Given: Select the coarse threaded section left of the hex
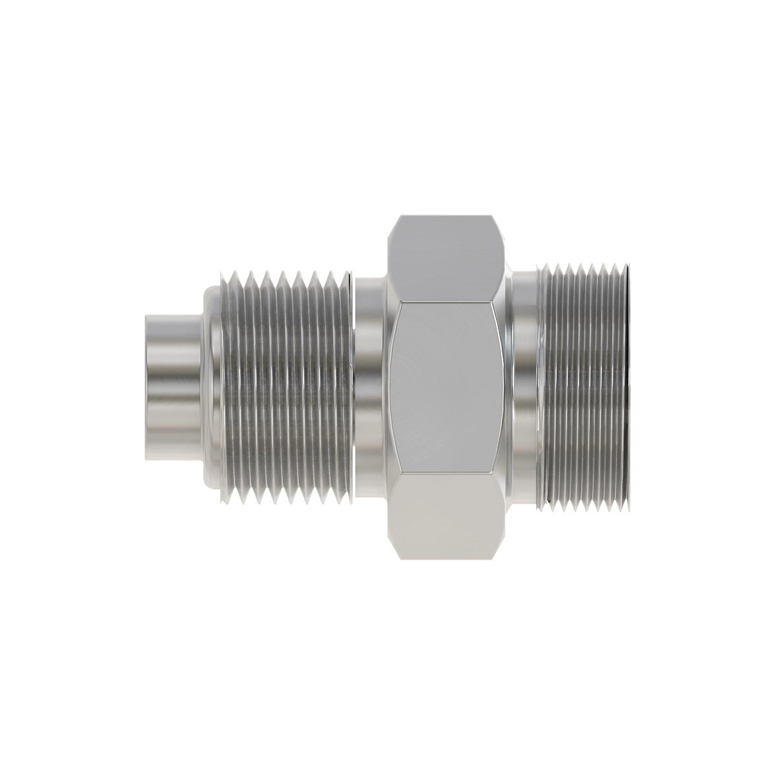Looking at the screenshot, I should point(284,387).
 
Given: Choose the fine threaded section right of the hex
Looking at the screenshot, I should point(581,387).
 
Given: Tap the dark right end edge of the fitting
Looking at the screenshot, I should point(630,387).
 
